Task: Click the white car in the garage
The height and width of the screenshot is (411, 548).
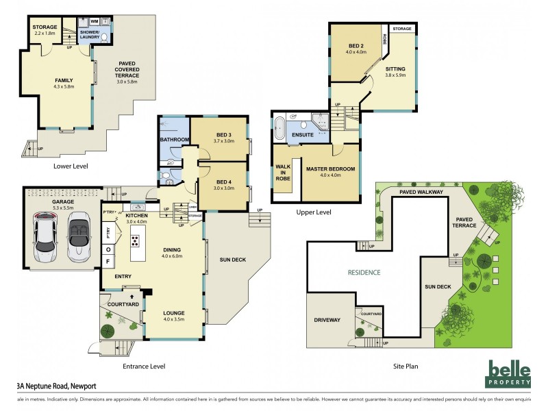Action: click(x=46, y=231)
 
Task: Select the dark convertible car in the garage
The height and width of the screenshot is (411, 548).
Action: click(x=77, y=231)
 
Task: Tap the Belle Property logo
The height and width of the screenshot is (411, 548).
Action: click(x=508, y=374)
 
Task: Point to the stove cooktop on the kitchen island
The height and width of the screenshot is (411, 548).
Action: click(x=136, y=240)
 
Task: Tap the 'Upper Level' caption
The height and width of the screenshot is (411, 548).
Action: click(x=314, y=212)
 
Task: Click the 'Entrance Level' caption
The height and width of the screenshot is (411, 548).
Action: click(x=144, y=366)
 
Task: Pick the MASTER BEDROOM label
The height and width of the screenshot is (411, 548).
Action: click(x=330, y=169)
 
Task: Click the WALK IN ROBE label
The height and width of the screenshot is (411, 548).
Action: click(x=282, y=172)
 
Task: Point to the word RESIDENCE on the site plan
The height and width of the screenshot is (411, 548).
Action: click(x=363, y=272)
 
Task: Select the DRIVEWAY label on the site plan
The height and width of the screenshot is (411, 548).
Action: click(x=327, y=320)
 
